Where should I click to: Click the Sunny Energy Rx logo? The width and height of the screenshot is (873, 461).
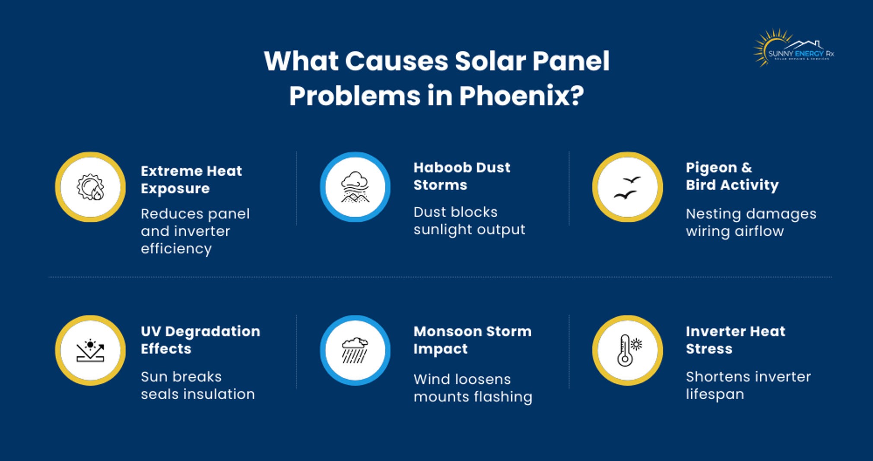(x=794, y=49)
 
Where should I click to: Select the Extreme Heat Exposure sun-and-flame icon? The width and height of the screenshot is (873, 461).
(x=90, y=187)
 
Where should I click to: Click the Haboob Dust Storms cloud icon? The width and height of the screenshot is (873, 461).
(x=355, y=187)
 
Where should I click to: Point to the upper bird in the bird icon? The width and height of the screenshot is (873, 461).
(x=632, y=179)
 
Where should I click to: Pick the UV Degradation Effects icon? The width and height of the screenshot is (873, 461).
(x=90, y=350)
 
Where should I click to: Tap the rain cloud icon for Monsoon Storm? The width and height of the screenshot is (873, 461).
(x=355, y=350)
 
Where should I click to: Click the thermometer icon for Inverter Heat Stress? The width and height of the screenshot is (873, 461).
(x=628, y=350)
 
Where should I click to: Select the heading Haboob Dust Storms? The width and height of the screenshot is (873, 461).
(x=462, y=176)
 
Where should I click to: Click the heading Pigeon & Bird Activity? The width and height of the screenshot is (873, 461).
(x=732, y=176)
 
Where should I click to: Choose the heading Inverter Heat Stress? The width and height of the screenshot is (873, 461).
(x=735, y=340)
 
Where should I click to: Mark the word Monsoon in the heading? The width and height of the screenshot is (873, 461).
(x=447, y=331)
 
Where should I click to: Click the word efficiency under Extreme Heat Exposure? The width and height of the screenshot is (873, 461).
(x=176, y=249)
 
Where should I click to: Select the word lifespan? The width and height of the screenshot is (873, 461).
(x=715, y=394)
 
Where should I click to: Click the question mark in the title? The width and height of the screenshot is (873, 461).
(x=576, y=95)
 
